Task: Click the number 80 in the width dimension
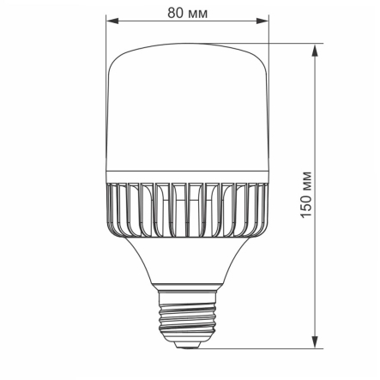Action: (x=176, y=13)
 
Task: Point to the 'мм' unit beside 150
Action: (x=307, y=189)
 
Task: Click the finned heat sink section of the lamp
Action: (x=189, y=210)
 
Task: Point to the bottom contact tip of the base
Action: (x=189, y=346)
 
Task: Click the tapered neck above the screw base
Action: (x=189, y=266)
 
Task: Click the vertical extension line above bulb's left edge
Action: (x=110, y=39)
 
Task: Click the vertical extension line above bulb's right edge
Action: (x=268, y=39)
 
